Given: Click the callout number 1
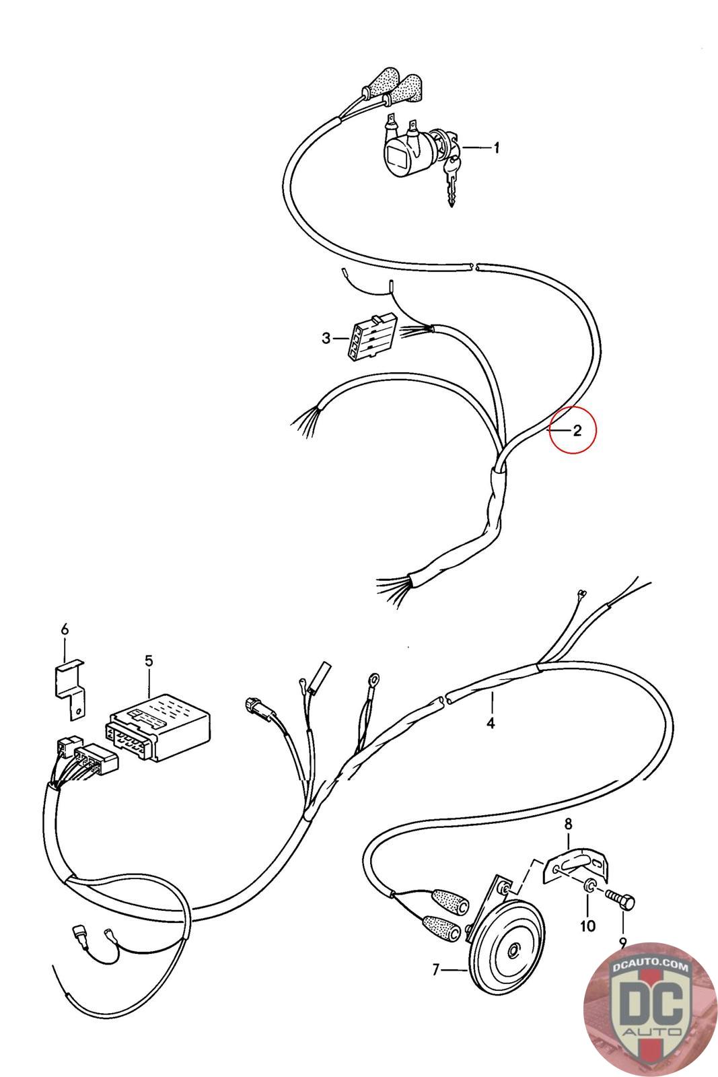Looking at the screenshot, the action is (x=497, y=148).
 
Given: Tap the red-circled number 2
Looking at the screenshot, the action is (x=577, y=431).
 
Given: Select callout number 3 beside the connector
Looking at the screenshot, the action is (x=326, y=338).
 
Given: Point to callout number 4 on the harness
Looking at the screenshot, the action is (x=491, y=723).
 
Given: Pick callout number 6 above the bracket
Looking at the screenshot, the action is (x=65, y=629).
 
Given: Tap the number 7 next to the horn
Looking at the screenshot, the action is (x=436, y=969).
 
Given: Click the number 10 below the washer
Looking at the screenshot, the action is (x=587, y=926).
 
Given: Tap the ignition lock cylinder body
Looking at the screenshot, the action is (x=404, y=153).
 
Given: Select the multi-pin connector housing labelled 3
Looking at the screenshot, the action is (x=367, y=339).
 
